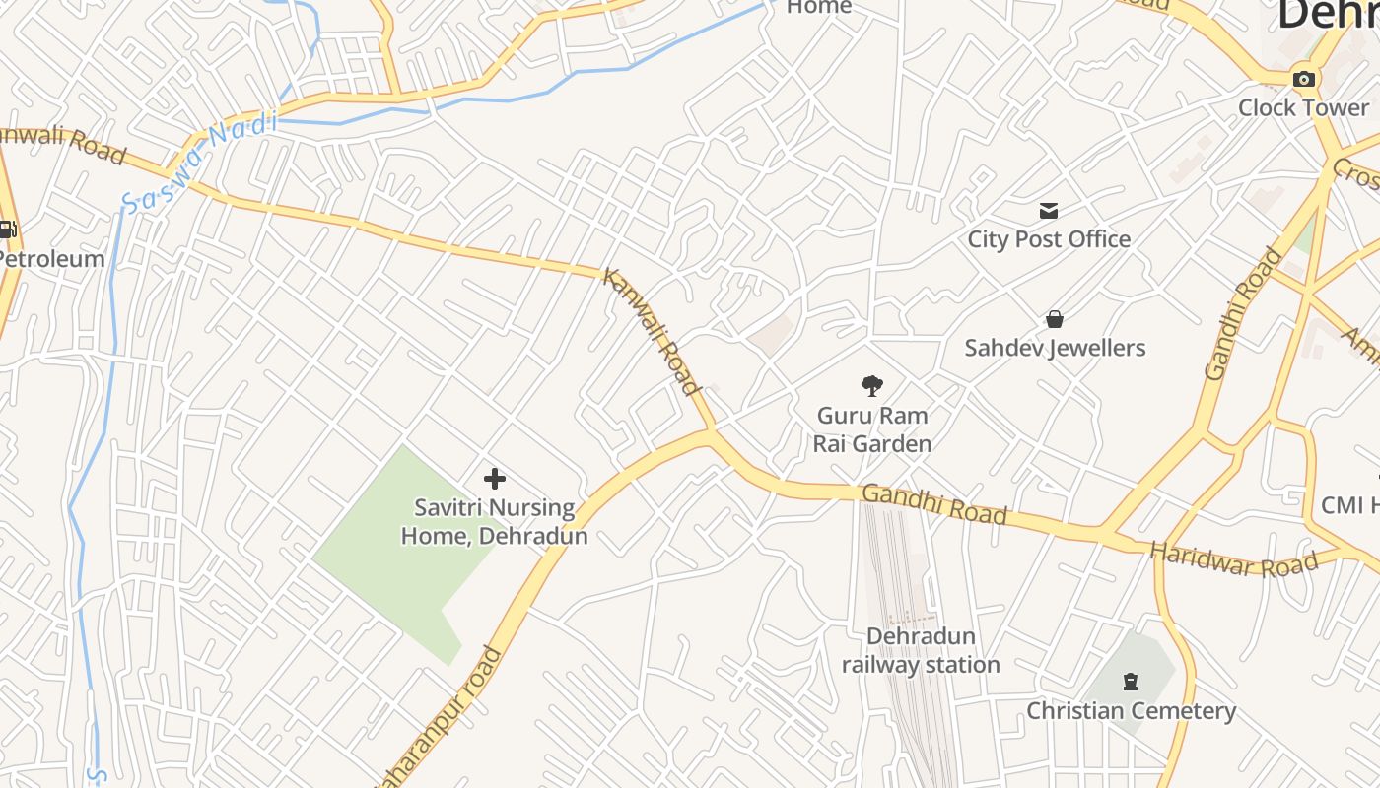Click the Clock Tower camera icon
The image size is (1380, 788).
pos(1304,79)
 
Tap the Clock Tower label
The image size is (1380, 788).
pos(1303,107)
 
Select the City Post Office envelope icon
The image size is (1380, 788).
pos(1048,210)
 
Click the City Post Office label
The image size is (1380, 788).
pos(1049,238)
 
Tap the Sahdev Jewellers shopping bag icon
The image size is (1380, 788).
pos(1054,319)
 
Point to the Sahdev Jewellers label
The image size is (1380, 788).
pos(1055,348)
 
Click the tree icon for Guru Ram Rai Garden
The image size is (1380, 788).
pos(871,385)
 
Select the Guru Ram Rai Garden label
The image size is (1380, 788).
pos(872,429)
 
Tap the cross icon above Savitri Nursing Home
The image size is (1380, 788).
pos(495,479)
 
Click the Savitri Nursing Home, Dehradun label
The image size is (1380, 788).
pos(494,522)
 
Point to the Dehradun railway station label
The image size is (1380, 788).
pos(921,650)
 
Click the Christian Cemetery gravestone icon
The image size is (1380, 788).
pos(1131,681)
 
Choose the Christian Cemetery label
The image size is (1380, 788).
pos(1131,710)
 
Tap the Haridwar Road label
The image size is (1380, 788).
pos(1234,559)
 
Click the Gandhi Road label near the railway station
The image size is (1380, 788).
pos(934,503)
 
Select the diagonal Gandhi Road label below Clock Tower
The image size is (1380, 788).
pos(1244,313)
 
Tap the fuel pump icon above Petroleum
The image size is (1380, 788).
pos(7,230)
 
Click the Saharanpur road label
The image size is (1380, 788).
pos(444,714)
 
